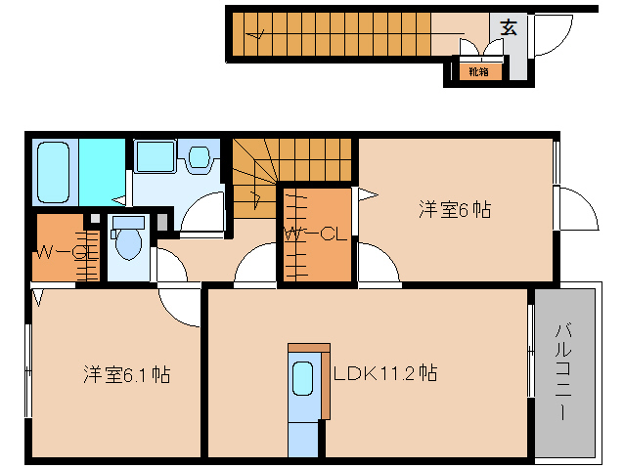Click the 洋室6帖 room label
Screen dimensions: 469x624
(455, 209)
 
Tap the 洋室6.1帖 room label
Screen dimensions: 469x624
(127, 374)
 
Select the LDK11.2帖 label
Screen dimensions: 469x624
(384, 373)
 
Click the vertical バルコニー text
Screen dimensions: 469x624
(564, 371)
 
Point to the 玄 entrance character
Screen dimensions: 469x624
(509, 27)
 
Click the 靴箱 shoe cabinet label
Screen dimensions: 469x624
(478, 71)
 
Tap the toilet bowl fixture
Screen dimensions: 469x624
(127, 244)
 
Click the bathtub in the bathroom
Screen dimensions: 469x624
(55, 172)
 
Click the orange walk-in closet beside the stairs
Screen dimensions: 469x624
(316, 235)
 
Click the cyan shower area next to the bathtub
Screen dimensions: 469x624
(103, 172)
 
